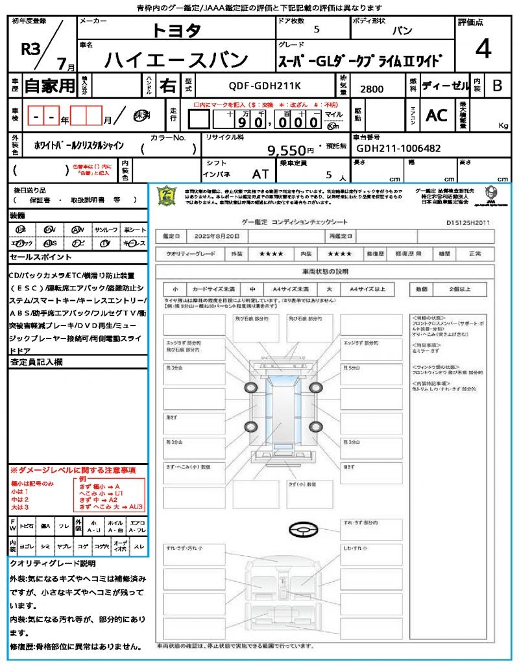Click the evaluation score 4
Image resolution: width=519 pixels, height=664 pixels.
[x=483, y=49]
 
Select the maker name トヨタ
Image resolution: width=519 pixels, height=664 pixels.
[x=176, y=30]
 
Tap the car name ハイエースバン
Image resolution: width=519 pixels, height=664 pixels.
[x=176, y=60]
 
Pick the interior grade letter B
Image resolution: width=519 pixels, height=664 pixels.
[x=497, y=86]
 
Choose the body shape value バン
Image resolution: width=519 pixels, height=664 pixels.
[x=402, y=30]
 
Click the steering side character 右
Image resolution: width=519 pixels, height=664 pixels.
[x=167, y=86]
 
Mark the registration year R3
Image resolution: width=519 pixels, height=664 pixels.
[x=31, y=50]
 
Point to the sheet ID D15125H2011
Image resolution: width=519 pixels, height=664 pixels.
[x=468, y=222]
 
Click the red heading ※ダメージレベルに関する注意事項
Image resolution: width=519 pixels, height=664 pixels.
[x=73, y=469]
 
